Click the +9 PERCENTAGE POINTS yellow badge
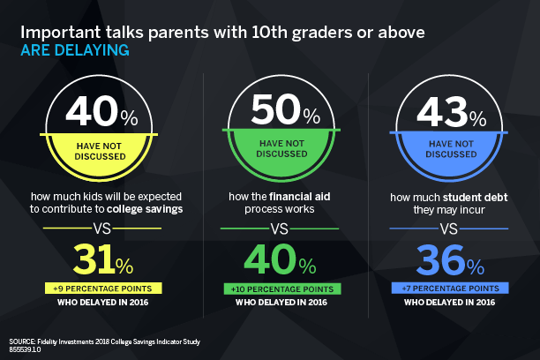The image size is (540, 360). (101, 289)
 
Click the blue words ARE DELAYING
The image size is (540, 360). (74, 51)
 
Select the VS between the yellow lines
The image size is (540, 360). (101, 229)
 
